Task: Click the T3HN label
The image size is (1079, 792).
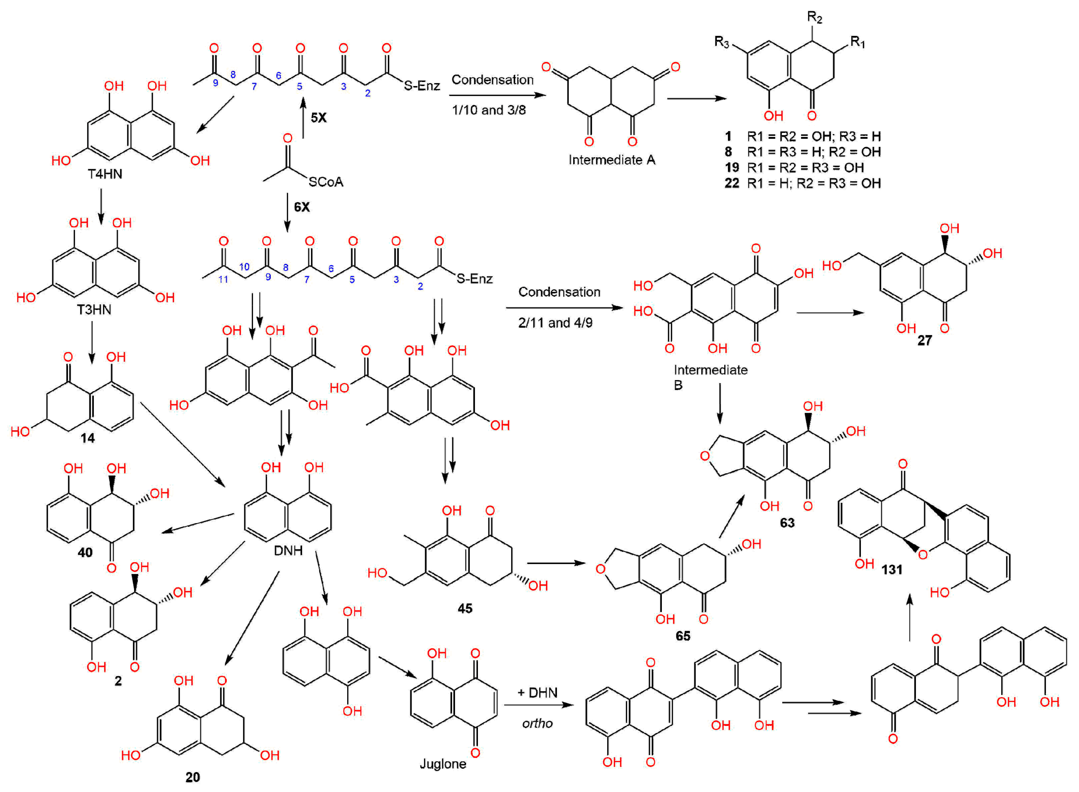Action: [94, 310]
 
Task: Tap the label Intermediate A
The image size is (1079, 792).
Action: [612, 160]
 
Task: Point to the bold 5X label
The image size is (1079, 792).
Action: [318, 117]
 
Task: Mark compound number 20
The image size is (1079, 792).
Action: [193, 777]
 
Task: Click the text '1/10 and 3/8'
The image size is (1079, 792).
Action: [489, 110]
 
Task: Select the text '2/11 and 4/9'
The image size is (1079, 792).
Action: [555, 323]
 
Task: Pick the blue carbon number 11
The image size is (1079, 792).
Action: [223, 279]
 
